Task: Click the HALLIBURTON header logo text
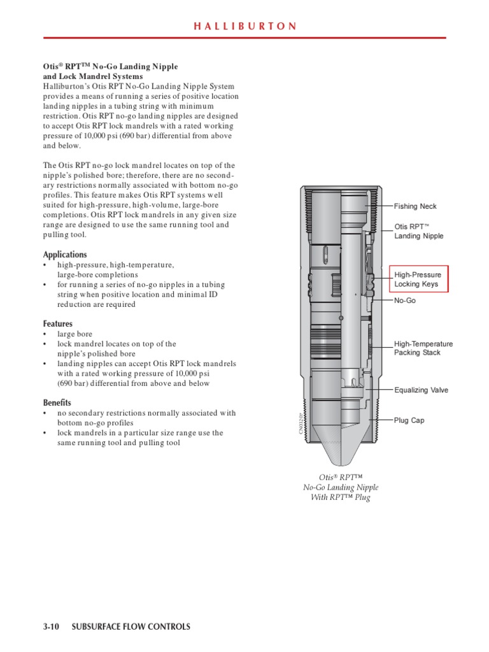click(244, 26)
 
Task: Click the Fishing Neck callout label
click(415, 206)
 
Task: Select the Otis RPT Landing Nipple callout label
click(419, 231)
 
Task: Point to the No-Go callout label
click(405, 300)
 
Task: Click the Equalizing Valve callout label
click(420, 390)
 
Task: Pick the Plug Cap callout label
click(409, 420)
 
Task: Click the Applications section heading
click(65, 255)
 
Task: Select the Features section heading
click(58, 323)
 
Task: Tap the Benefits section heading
click(57, 402)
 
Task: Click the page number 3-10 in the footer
click(51, 627)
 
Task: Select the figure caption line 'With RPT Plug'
click(340, 497)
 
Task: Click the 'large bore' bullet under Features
click(74, 334)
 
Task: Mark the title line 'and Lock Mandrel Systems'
click(93, 76)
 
